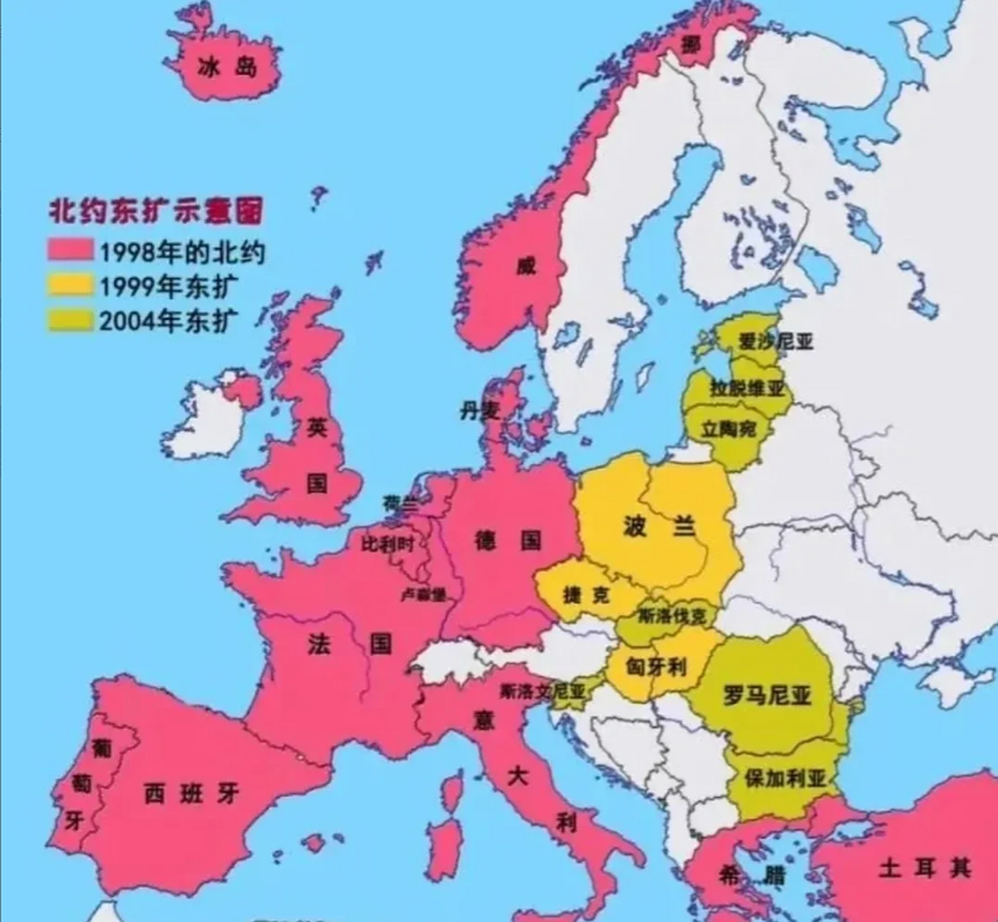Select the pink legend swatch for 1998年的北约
tap(71, 251)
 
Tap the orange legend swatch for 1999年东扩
tap(71, 285)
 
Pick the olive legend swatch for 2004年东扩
tap(71, 320)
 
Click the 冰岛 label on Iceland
tap(228, 68)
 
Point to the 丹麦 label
tap(480, 411)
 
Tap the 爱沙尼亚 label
tap(776, 341)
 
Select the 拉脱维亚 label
tap(747, 388)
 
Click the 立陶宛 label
tap(729, 429)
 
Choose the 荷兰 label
tap(400, 503)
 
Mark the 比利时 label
tap(387, 544)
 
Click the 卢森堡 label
tap(423, 595)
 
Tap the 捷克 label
tap(586, 595)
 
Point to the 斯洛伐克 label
tap(673, 616)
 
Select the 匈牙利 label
tap(655, 667)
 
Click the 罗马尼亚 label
tap(767, 695)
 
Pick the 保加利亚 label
tap(785, 778)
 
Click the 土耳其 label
tap(925, 868)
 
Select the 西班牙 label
tap(191, 794)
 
